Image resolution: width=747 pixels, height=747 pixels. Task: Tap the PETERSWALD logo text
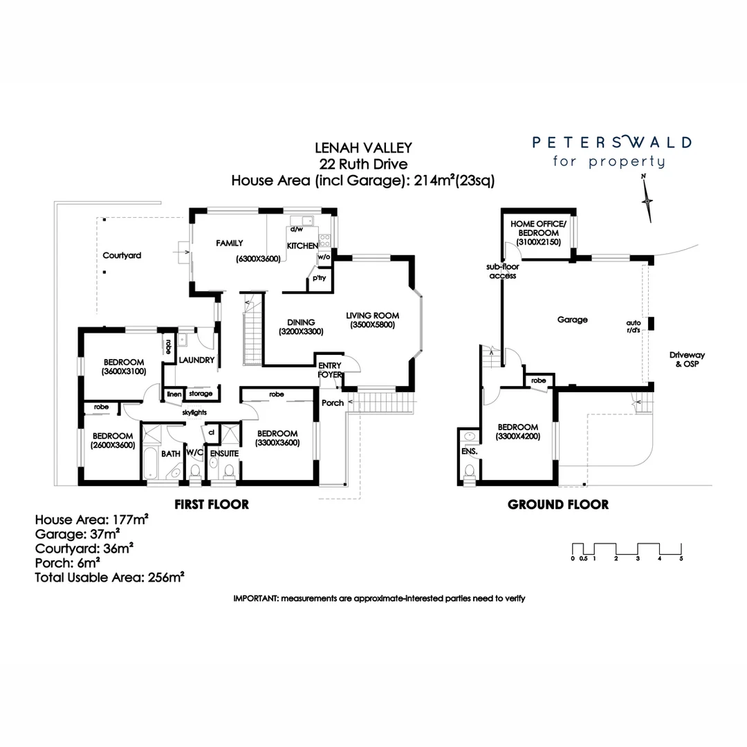(611, 143)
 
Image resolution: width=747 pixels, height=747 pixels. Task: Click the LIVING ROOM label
(373, 320)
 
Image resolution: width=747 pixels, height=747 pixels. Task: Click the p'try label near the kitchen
(319, 279)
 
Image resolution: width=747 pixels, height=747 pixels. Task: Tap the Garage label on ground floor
(572, 320)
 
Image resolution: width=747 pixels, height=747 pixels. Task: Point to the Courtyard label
(122, 255)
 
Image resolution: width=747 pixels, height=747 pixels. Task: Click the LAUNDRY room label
(196, 360)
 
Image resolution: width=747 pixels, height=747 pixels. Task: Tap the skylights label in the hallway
(194, 413)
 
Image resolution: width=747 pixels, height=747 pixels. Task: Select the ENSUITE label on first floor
(225, 454)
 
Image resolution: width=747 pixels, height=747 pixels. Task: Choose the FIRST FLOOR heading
(211, 504)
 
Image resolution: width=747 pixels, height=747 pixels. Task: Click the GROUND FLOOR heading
(558, 504)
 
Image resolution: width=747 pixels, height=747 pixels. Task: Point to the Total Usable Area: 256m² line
(109, 576)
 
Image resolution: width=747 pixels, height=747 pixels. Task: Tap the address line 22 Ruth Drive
(363, 164)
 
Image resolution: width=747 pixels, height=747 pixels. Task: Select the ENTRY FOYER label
(329, 370)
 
